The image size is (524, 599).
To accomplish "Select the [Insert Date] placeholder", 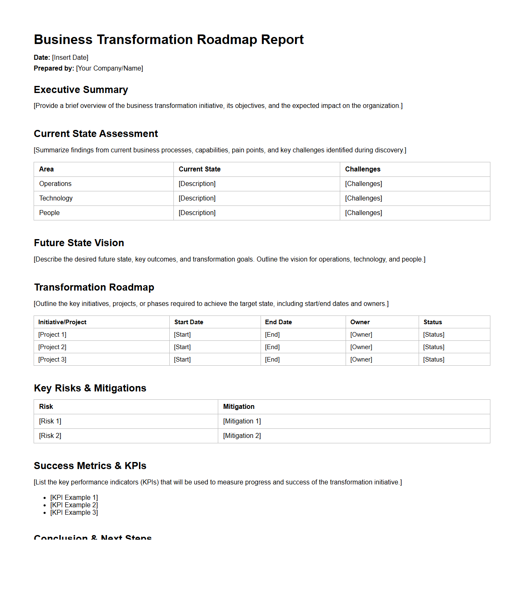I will pyautogui.click(x=70, y=58).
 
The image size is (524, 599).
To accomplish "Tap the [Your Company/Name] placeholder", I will pyautogui.click(x=110, y=68).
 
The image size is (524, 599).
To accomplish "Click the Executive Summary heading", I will pyautogui.click(x=81, y=90).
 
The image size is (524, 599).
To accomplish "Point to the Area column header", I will pyautogui.click(x=46, y=169).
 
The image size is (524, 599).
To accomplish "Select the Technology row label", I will pyautogui.click(x=56, y=198).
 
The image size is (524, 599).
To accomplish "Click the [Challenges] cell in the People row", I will pyautogui.click(x=363, y=213).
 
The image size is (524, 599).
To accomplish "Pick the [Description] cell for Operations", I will pyautogui.click(x=197, y=184).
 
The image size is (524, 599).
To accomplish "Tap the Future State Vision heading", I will pyautogui.click(x=79, y=243).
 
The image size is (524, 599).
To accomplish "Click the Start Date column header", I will pyautogui.click(x=189, y=322).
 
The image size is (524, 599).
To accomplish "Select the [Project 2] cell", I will pyautogui.click(x=52, y=347).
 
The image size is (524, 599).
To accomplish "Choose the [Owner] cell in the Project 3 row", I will pyautogui.click(x=361, y=359).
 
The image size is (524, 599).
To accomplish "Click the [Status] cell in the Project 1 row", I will pyautogui.click(x=434, y=335).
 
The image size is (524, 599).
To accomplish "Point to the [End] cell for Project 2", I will pyautogui.click(x=272, y=347).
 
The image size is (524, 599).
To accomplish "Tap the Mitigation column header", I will pyautogui.click(x=239, y=407).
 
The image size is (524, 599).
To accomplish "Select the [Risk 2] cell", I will pyautogui.click(x=50, y=436).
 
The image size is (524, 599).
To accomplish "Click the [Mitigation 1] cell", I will pyautogui.click(x=242, y=421).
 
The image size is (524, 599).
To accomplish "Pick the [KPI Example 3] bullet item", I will pyautogui.click(x=74, y=513).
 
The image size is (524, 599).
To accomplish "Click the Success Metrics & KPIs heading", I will pyautogui.click(x=90, y=466).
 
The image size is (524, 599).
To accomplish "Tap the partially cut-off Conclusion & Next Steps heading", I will pyautogui.click(x=93, y=537).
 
